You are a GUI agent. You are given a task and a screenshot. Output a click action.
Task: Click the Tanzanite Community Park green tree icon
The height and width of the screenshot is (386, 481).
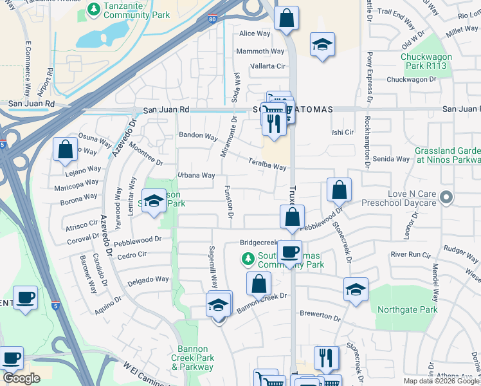pos(93,10)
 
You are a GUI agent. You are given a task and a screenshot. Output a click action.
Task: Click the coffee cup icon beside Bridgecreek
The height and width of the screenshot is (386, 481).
pos(289,252)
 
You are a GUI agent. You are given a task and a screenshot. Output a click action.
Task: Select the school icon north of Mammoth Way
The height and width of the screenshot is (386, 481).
pos(322,44)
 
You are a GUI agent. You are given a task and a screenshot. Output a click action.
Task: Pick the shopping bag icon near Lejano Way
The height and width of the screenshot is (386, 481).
pos(65,150)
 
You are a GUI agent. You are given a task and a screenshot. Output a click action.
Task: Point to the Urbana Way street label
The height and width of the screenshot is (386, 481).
pos(196,175)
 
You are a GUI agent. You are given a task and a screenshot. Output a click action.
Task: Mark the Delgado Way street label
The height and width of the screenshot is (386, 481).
pos(147,280)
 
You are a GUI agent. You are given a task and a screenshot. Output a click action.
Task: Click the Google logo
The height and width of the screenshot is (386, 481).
pos(21,378)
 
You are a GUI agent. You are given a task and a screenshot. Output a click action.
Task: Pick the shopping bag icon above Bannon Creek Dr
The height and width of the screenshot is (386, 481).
pos(258,283)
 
